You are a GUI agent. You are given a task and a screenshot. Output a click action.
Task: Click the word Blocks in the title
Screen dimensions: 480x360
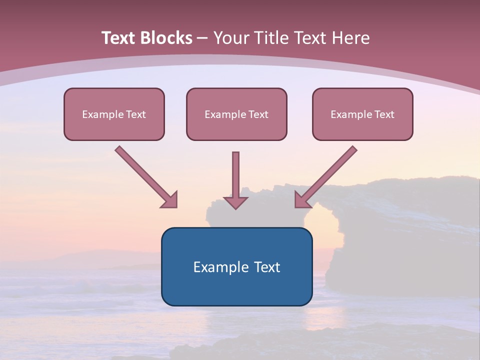[x=166, y=38]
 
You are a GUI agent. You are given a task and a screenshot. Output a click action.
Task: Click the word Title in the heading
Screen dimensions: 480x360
[x=274, y=38]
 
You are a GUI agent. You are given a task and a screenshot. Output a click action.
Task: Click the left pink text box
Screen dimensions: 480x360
[x=114, y=114]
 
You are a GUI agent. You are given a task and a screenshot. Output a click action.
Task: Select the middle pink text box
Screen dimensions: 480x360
[x=236, y=114]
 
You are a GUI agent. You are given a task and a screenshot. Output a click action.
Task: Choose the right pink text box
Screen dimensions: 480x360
[x=363, y=114]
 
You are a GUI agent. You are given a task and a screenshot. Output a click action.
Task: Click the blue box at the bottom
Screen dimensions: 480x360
[x=237, y=266]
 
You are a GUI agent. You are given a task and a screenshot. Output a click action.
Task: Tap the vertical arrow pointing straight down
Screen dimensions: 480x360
[x=235, y=180]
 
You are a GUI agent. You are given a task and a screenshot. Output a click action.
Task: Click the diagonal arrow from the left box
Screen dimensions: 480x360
[x=146, y=177]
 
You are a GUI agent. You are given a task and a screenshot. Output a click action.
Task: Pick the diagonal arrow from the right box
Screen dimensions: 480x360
[x=326, y=177]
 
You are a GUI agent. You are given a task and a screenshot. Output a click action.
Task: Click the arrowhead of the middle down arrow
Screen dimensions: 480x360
[x=235, y=202]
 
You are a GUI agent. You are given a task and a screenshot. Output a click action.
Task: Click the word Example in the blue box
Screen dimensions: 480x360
[x=220, y=267]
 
